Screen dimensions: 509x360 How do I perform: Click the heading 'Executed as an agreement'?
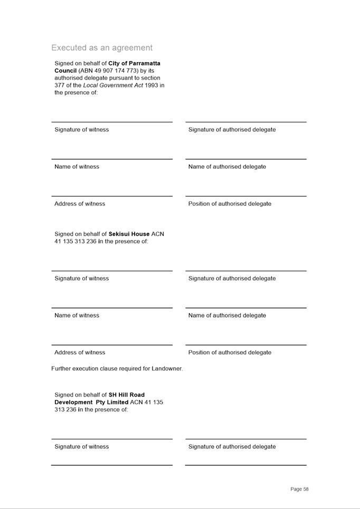click(102, 47)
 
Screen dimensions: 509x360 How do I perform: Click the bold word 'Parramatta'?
click(144, 63)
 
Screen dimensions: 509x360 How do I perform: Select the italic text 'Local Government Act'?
click(113, 85)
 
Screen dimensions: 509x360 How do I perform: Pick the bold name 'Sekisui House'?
click(129, 234)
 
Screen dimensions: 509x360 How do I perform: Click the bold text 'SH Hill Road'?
click(126, 395)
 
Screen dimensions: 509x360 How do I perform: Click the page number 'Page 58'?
click(299, 489)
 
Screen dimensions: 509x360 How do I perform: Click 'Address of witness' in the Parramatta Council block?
click(80, 204)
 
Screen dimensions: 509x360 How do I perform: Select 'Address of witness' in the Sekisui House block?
click(80, 352)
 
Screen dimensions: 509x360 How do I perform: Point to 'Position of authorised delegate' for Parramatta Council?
click(230, 204)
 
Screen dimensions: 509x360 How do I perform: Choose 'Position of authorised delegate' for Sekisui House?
click(230, 352)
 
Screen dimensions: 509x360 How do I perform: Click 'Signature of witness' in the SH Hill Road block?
click(81, 447)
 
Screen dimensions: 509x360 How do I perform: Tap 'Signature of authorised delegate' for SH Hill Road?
click(232, 447)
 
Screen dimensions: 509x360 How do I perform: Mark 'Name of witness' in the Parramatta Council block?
click(77, 167)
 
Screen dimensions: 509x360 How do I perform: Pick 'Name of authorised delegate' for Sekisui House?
click(227, 315)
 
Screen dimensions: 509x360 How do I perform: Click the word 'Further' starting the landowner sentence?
click(61, 369)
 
